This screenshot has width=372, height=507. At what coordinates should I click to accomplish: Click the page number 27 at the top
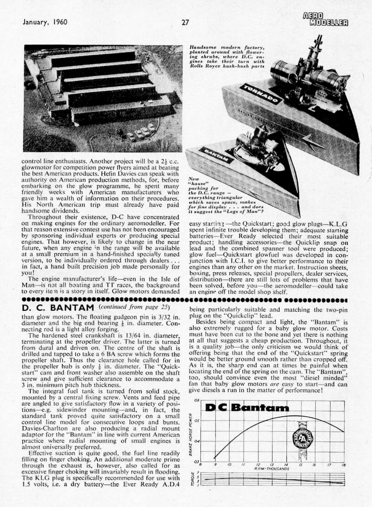pos(185,22)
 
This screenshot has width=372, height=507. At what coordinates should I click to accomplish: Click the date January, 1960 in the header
pos(45,22)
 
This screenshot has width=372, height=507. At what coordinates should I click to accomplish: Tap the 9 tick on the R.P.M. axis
pos(214,464)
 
